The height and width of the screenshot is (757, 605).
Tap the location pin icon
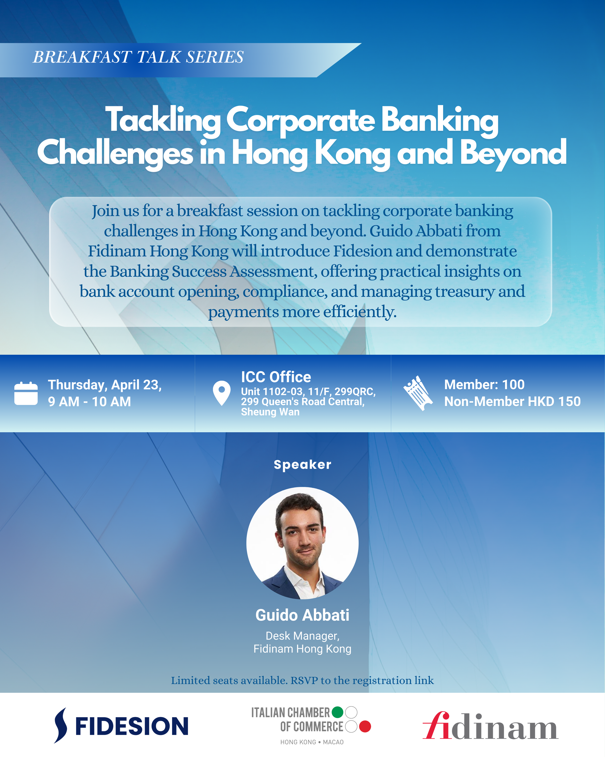point(222,392)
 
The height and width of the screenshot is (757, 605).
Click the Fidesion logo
point(121,726)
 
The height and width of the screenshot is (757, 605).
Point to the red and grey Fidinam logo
point(490,726)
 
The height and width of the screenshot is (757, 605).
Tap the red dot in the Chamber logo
point(365,726)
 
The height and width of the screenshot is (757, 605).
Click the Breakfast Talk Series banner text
point(138,57)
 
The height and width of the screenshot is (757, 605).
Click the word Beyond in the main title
point(513,153)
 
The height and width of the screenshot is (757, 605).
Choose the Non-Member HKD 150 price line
point(512,401)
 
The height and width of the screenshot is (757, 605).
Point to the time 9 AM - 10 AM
point(90,402)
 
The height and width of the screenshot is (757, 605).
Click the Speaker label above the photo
point(302,465)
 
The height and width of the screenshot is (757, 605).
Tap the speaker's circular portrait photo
point(302,543)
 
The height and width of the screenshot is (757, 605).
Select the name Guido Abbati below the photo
point(302,615)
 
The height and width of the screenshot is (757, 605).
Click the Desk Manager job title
point(302,636)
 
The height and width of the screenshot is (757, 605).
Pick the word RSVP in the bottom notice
point(304,680)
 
